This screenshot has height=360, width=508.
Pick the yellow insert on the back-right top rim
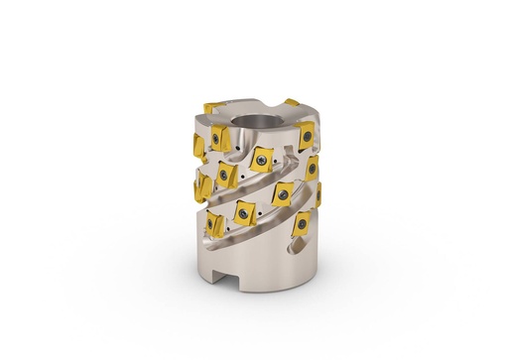pyautogui.click(x=291, y=102)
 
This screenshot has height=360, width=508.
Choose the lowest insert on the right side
pyautogui.click(x=303, y=226)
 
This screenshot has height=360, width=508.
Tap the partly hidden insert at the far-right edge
pyautogui.click(x=317, y=194)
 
